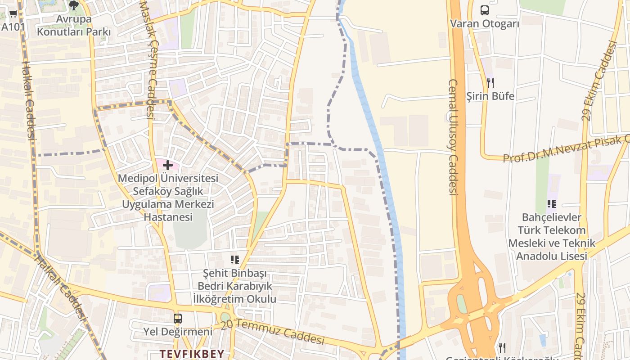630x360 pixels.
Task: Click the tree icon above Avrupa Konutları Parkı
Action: coord(74,5)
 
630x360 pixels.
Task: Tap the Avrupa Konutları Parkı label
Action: coord(74,26)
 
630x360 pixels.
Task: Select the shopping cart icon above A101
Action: coord(13,14)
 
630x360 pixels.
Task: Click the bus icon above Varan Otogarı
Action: coord(484,10)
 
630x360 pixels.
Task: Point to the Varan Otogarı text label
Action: coord(484,24)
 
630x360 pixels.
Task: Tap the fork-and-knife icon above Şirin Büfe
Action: coord(490,82)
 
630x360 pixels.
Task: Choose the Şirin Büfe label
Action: coord(490,96)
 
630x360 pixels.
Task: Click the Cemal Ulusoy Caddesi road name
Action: coord(453,137)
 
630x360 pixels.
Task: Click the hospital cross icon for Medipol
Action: coord(168,165)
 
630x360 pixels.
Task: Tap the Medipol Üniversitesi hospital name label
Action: coord(168,198)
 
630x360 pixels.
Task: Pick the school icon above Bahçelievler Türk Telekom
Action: coord(552,204)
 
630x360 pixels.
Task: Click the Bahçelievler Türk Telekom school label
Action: coord(552,237)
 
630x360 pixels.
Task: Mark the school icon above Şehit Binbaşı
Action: coord(234,259)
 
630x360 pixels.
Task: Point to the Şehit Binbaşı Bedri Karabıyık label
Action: coord(234,286)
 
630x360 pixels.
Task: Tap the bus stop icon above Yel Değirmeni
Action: coord(178,319)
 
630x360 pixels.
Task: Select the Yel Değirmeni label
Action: coord(178,332)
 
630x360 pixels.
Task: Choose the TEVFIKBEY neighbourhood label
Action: coord(192,354)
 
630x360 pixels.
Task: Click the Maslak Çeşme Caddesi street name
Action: coord(148,61)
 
